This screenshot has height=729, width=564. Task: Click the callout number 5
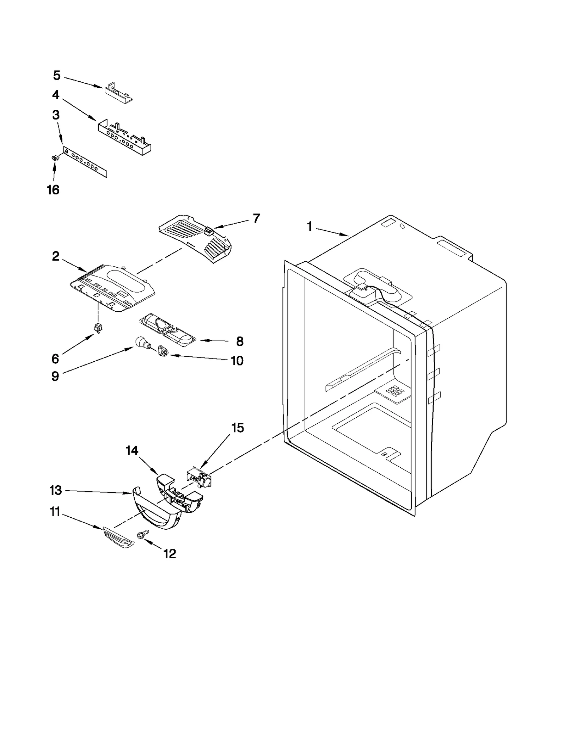point(57,75)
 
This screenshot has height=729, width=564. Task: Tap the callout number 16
point(53,190)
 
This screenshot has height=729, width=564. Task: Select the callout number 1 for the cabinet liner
point(309,226)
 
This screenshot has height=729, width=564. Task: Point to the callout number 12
point(170,554)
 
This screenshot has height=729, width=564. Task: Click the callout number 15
point(238,428)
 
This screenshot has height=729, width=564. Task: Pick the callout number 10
point(237,361)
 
